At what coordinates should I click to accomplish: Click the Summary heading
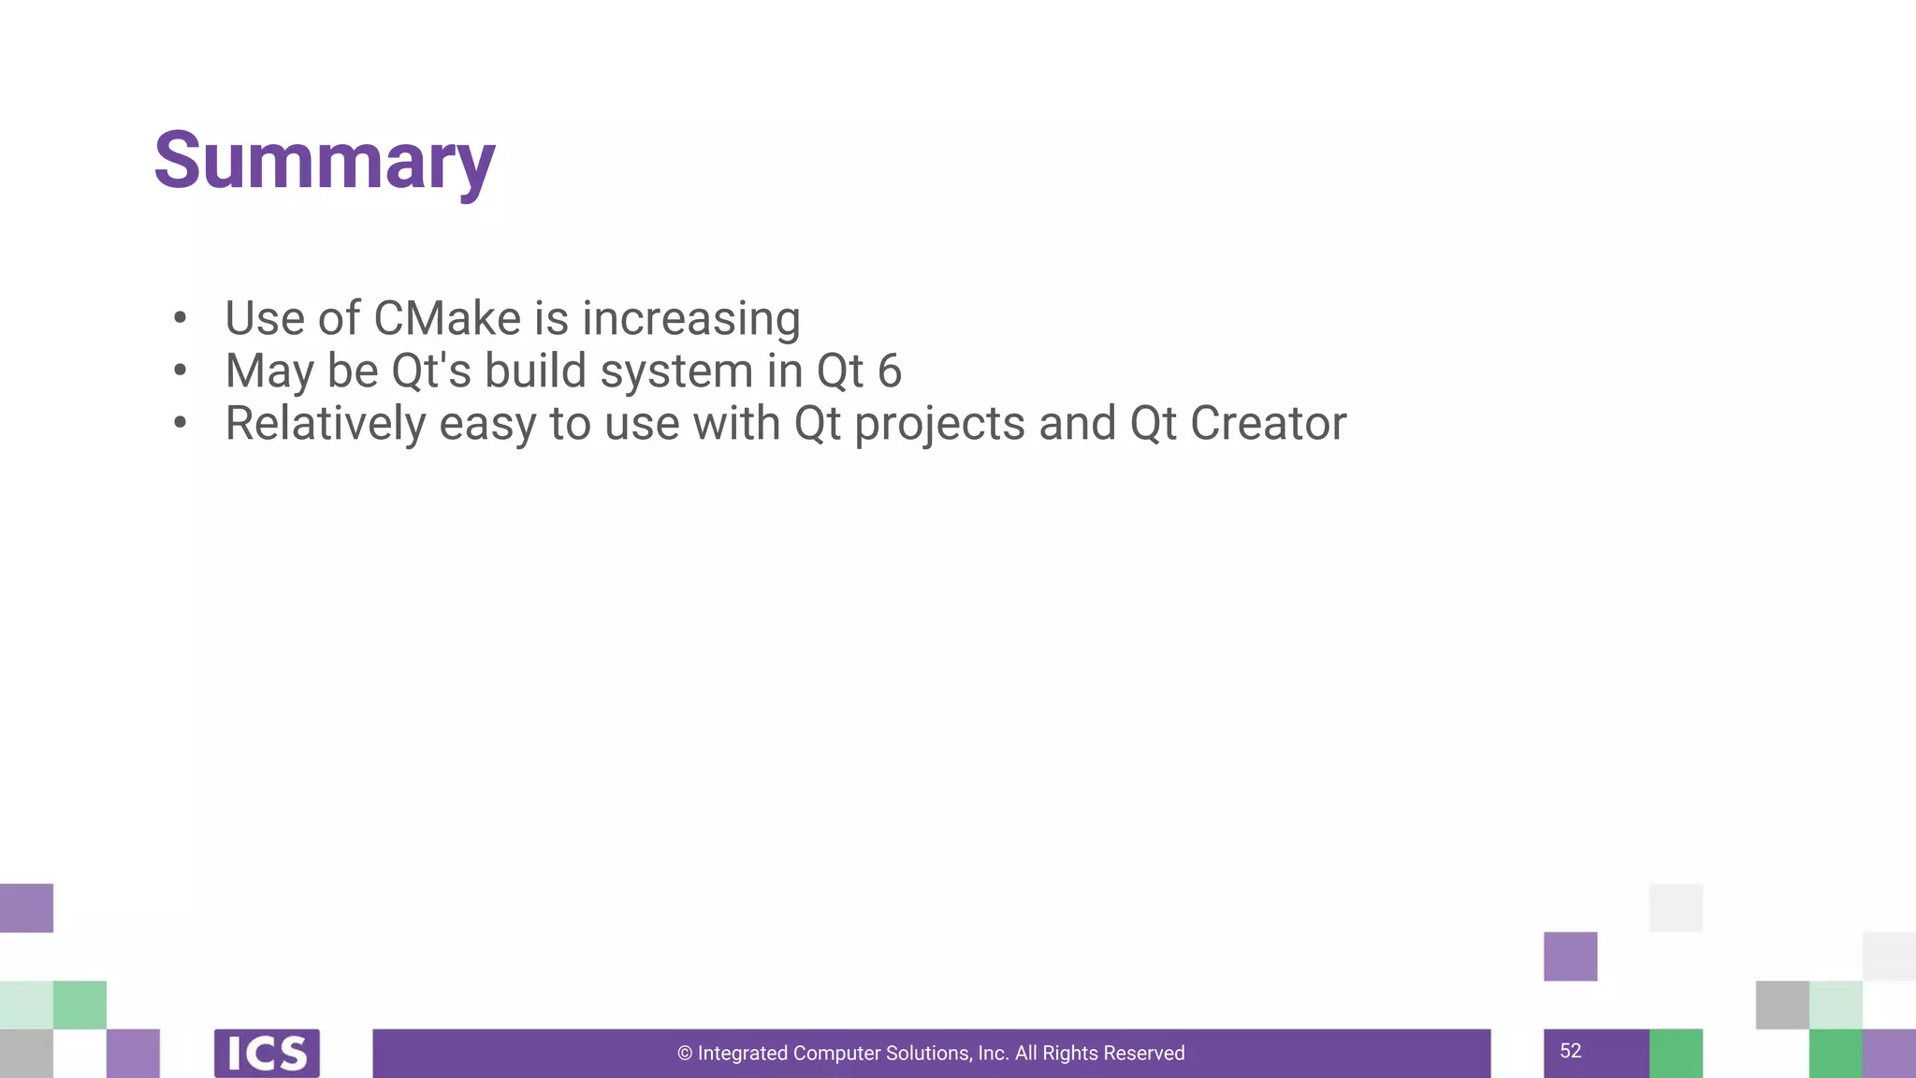[x=324, y=161]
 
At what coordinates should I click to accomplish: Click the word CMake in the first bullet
[x=447, y=318]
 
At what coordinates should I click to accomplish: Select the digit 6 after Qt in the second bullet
[x=890, y=371]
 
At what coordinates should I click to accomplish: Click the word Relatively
[x=326, y=424]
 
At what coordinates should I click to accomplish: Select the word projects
[x=939, y=425]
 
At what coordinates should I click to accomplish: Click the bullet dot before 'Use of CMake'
[x=181, y=318]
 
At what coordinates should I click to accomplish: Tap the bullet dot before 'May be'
[x=181, y=371]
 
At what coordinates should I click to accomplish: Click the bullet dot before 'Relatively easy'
[x=181, y=423]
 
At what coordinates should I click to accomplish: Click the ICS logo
[x=267, y=1054]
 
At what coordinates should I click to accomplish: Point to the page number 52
[x=1571, y=1051]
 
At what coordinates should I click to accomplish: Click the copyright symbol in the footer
[x=685, y=1054]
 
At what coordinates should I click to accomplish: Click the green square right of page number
[x=1676, y=1054]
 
